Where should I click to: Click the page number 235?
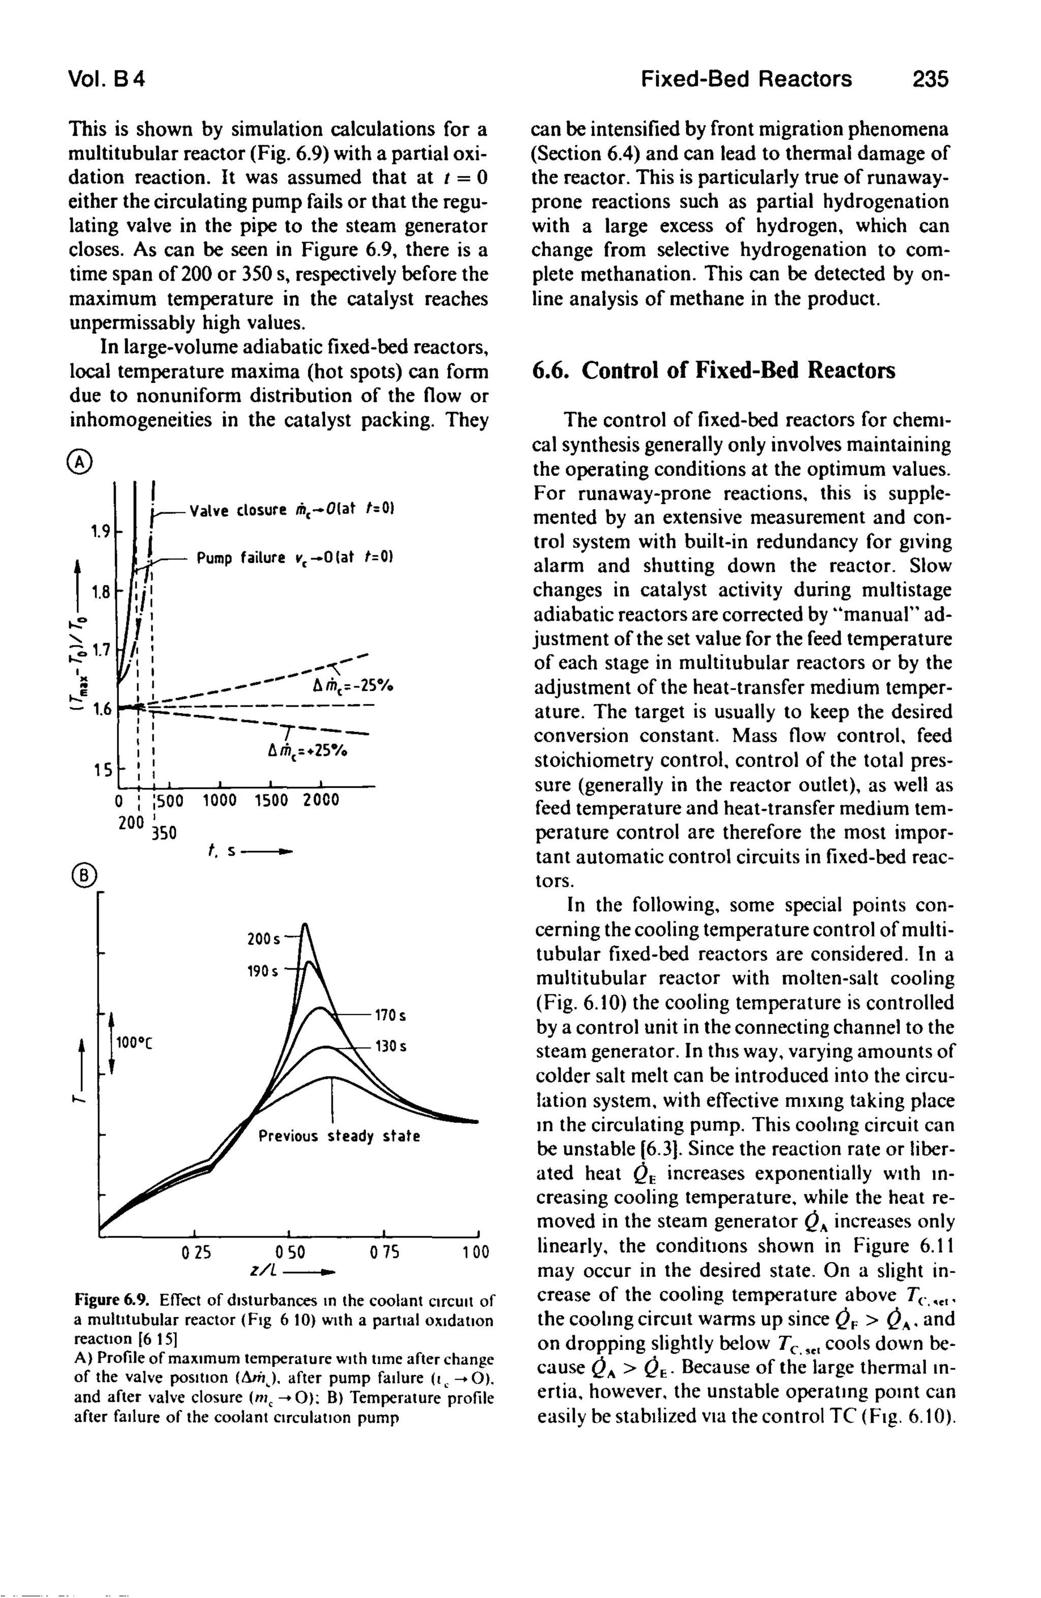coord(930,80)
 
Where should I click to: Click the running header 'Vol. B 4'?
coord(107,80)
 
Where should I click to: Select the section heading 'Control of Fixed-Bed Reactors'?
coord(738,370)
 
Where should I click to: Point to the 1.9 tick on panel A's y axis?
coord(101,533)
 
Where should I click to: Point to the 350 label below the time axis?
coord(163,833)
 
